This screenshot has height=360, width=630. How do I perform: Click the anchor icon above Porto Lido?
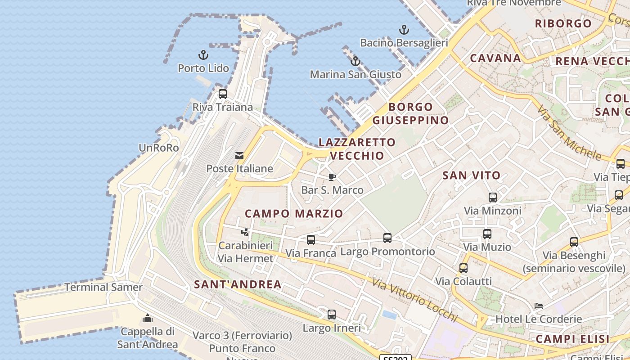pos(203,55)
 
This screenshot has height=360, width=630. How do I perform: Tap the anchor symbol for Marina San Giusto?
pos(355,61)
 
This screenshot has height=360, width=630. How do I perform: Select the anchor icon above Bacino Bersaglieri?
pos(404,30)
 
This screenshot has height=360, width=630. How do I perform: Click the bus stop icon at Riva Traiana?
pos(223,94)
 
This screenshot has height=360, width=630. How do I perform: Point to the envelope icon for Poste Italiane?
pos(239,156)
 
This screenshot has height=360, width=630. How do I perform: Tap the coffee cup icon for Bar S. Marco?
pos(332,177)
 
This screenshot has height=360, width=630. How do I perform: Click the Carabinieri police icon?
pos(245,232)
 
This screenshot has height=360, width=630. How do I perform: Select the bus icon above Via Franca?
pos(311,240)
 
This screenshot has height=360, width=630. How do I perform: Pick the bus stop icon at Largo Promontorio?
pos(387,238)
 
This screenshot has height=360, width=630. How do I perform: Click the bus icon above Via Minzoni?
pos(493,197)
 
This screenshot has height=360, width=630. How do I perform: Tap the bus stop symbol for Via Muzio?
pos(487,234)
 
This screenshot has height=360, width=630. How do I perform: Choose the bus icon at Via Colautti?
pos(463,268)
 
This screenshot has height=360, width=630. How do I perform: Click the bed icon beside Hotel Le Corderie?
pos(538,306)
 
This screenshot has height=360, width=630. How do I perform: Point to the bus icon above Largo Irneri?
pos(332,315)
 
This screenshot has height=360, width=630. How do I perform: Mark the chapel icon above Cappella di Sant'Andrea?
pos(148,318)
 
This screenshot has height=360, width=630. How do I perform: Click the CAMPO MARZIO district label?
pos(294,213)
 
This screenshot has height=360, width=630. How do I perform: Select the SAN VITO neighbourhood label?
pos(472,175)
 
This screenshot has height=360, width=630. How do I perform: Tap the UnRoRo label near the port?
pos(159,148)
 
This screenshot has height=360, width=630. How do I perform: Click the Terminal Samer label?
pos(103,287)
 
